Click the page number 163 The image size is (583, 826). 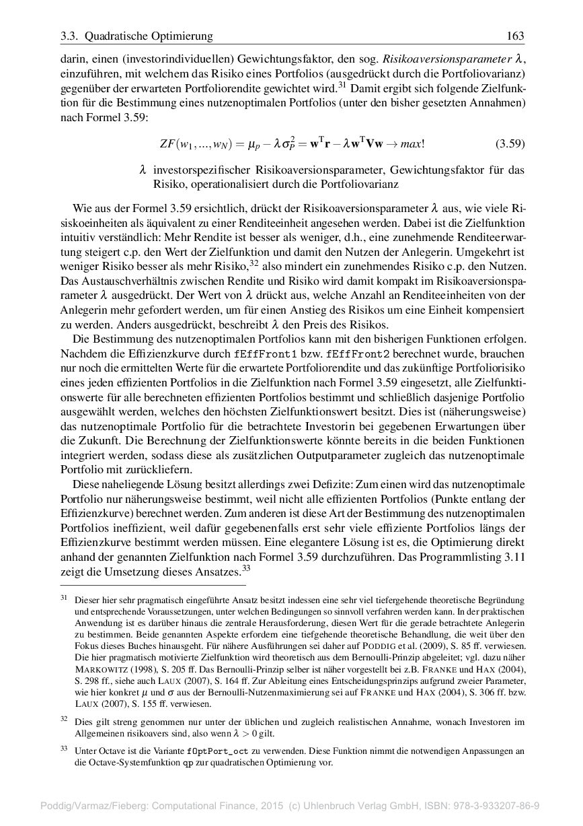[x=515, y=36]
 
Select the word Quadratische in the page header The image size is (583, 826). [x=116, y=36]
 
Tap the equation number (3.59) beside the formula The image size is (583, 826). [x=510, y=143]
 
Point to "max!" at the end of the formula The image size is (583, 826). [x=412, y=143]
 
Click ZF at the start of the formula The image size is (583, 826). [x=167, y=143]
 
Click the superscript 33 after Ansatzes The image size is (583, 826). [x=246, y=568]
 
